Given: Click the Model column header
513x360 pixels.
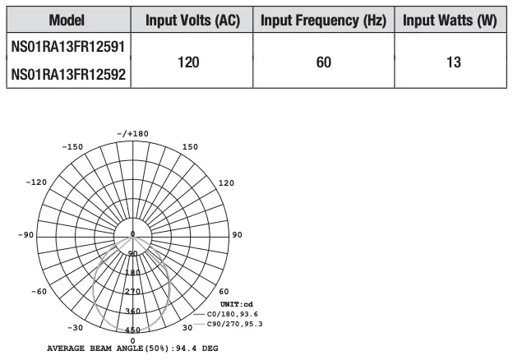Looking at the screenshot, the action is [67, 20].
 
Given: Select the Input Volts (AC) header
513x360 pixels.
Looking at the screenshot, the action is [192, 20].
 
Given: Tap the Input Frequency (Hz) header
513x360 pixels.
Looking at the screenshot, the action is [323, 20].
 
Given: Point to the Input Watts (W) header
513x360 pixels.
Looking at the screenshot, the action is [450, 20].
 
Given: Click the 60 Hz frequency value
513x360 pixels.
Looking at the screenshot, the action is [323, 62].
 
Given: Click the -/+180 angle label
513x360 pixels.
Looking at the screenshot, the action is [132, 133].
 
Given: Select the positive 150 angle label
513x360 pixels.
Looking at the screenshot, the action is [190, 147].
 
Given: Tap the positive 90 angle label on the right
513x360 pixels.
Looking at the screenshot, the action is [237, 235].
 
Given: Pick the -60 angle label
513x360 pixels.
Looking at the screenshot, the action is [39, 292].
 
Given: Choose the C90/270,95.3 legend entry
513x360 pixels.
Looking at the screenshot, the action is [236, 324].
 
